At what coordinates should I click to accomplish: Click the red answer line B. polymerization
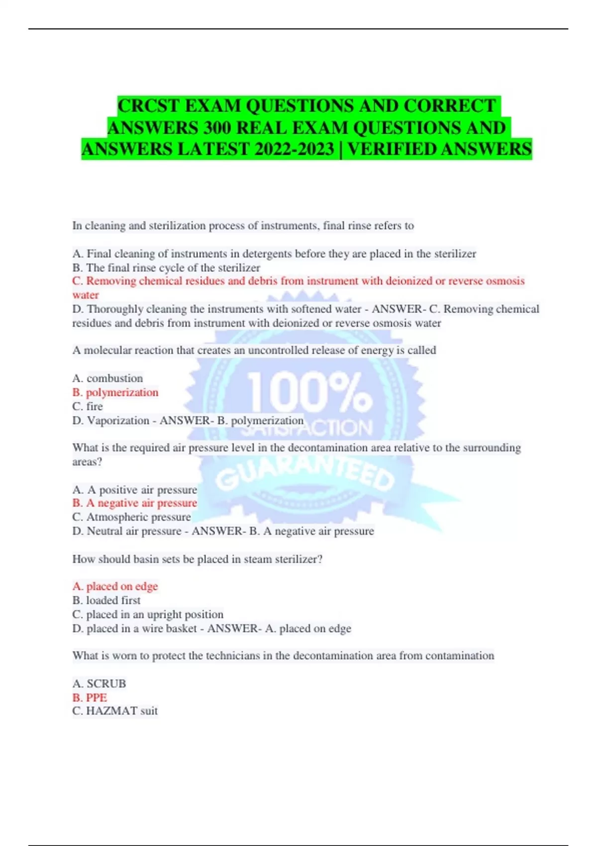[x=115, y=392]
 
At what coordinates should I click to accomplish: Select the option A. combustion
[x=107, y=378]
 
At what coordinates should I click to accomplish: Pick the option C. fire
[x=88, y=406]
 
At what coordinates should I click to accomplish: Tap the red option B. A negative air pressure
[x=134, y=503]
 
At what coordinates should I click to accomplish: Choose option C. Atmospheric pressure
[x=131, y=517]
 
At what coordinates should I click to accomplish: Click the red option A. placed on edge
[x=115, y=586]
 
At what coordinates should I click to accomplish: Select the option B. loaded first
[x=106, y=600]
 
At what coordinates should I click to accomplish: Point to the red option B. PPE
[x=90, y=697]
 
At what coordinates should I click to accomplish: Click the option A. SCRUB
[x=99, y=683]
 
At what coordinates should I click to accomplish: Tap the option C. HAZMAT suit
[x=115, y=711]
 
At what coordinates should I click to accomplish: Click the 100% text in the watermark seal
[x=309, y=393]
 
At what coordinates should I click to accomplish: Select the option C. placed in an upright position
[x=148, y=614]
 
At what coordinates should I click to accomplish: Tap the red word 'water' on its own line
[x=86, y=295]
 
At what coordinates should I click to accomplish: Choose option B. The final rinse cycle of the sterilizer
[x=166, y=267]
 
